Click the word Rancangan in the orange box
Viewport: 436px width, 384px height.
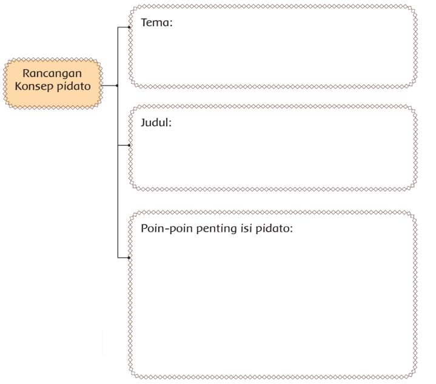click(x=52, y=74)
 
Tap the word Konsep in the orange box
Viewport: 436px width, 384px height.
click(x=34, y=86)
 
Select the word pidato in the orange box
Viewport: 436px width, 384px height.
click(x=74, y=86)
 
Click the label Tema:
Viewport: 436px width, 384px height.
click(x=157, y=22)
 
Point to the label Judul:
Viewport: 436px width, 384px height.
click(x=156, y=123)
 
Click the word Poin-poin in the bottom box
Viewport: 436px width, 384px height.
click(x=167, y=229)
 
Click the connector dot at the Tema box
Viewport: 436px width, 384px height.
click(x=129, y=27)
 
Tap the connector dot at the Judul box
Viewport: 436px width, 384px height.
click(x=129, y=145)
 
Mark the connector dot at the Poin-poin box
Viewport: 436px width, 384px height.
click(x=129, y=258)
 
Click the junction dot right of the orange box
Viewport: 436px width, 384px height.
click(x=117, y=86)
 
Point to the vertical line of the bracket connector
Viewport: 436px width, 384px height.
click(x=118, y=143)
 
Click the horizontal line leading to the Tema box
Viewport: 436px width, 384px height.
click(x=123, y=27)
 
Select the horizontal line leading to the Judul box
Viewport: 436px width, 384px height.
click(x=123, y=145)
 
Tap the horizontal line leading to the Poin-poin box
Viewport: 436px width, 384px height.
click(x=123, y=258)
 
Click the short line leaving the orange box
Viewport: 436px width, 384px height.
click(x=109, y=86)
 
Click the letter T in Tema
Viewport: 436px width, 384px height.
click(x=144, y=22)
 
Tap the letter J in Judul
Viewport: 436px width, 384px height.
click(x=143, y=123)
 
